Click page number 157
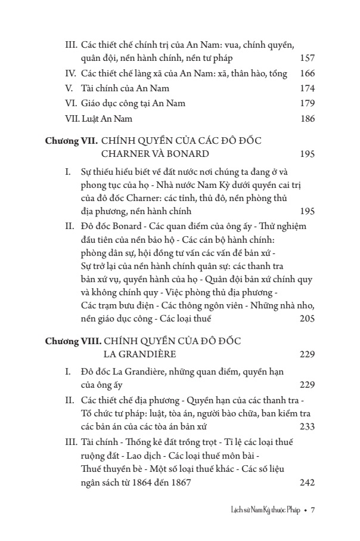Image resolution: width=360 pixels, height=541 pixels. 306,59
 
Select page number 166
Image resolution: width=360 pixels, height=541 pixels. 306,74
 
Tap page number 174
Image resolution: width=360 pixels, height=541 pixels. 306,89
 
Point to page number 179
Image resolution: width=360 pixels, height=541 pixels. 306,104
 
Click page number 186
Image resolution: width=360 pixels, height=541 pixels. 306,119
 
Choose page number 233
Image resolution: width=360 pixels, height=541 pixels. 306,426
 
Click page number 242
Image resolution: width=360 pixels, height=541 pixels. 306,483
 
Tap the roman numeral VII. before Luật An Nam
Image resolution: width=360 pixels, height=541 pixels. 73,119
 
